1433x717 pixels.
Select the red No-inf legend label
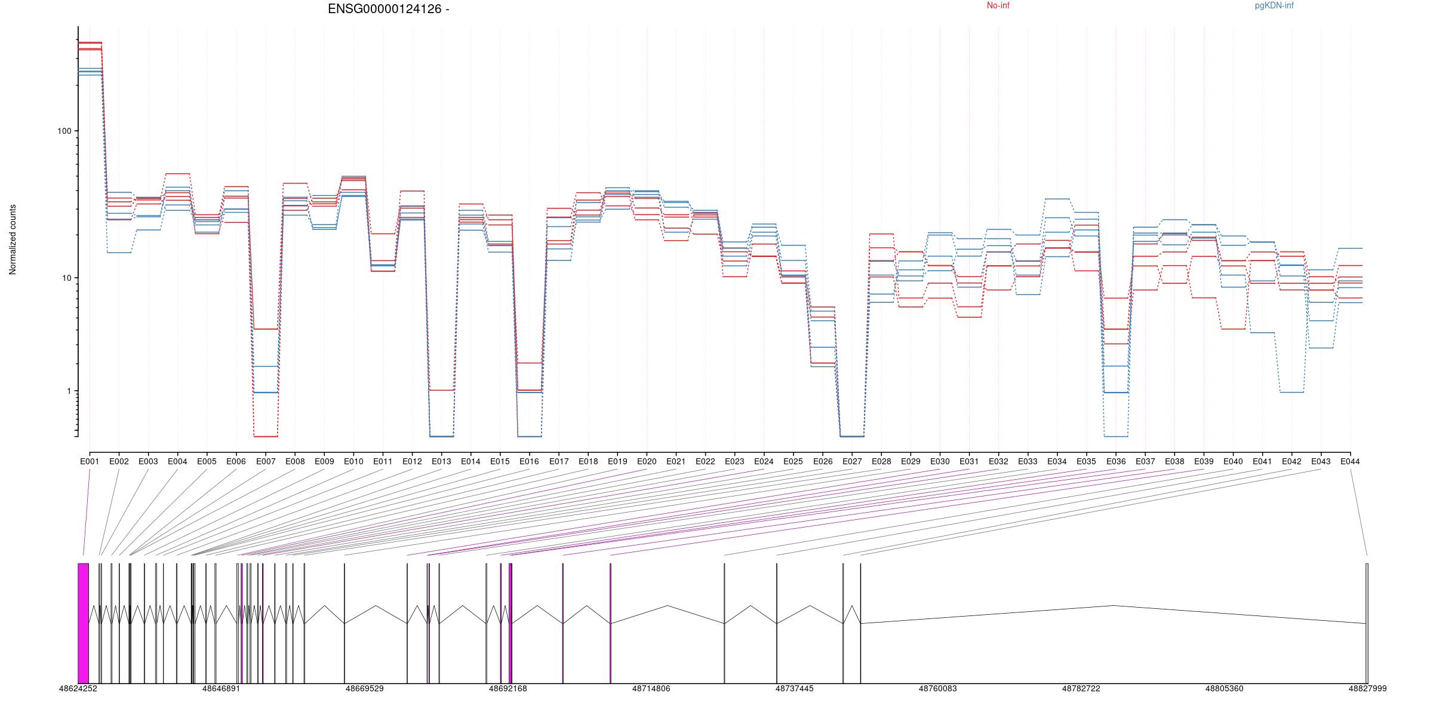point(998,6)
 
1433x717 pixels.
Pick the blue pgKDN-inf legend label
point(1274,6)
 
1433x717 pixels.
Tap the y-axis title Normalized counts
point(13,240)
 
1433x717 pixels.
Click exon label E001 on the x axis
point(90,461)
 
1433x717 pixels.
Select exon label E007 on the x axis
point(266,461)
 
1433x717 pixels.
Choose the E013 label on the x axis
point(441,461)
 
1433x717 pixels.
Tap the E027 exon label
point(852,461)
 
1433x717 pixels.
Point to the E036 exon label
point(1115,461)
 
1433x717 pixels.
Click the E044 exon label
point(1350,461)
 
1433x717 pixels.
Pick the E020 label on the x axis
point(647,461)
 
